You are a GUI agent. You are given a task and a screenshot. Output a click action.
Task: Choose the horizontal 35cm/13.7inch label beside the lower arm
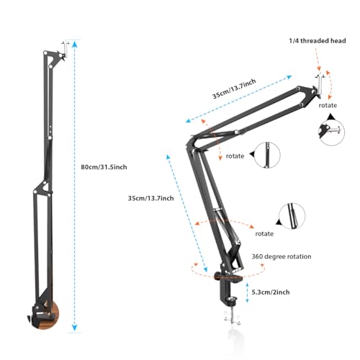150,197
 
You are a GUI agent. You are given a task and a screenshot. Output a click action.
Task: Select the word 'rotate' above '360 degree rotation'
264,233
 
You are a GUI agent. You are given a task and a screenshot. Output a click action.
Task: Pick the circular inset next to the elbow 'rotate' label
268,154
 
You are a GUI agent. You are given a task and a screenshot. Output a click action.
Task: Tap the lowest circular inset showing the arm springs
292,215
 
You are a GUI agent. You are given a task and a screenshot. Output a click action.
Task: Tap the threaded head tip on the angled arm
317,81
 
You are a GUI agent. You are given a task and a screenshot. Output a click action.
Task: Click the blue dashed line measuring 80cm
74,216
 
